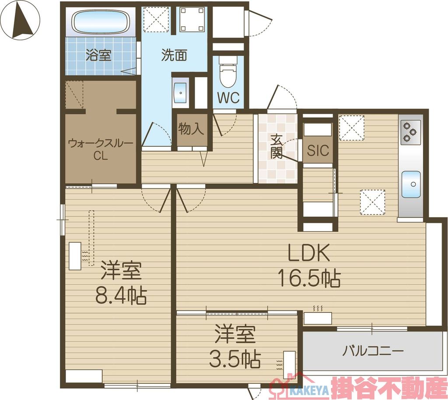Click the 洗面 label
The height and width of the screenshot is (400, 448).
pyautogui.click(x=174, y=56)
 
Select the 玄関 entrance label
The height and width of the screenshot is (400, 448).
pyautogui.click(x=276, y=146)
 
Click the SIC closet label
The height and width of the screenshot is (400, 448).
pyautogui.click(x=318, y=151)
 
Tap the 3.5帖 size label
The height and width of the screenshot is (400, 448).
pyautogui.click(x=234, y=359)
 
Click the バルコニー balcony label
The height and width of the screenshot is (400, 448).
pyautogui.click(x=373, y=351)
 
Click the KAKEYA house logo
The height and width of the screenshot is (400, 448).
pyautogui.click(x=292, y=386)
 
